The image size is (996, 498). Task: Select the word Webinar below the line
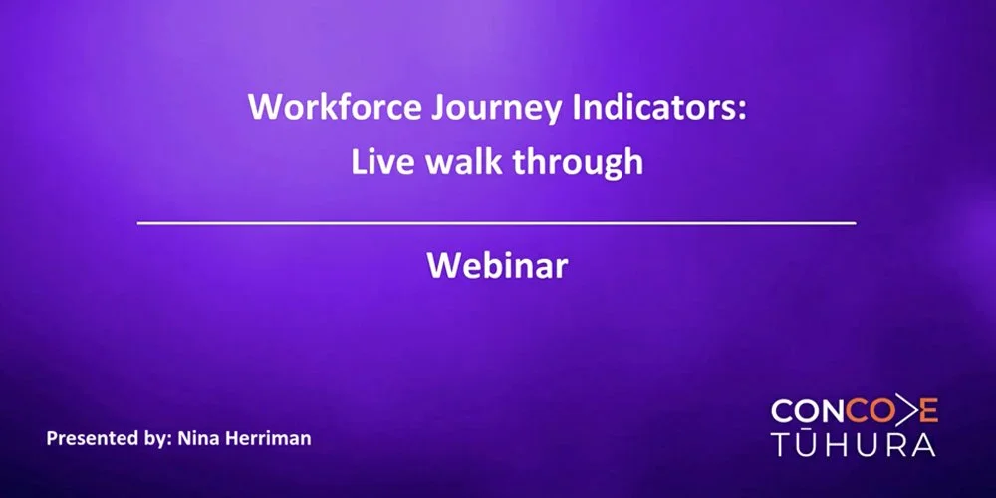497,266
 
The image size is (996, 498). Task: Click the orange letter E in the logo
927,410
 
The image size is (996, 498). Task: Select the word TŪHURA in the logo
854,444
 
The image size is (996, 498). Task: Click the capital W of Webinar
442,266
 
